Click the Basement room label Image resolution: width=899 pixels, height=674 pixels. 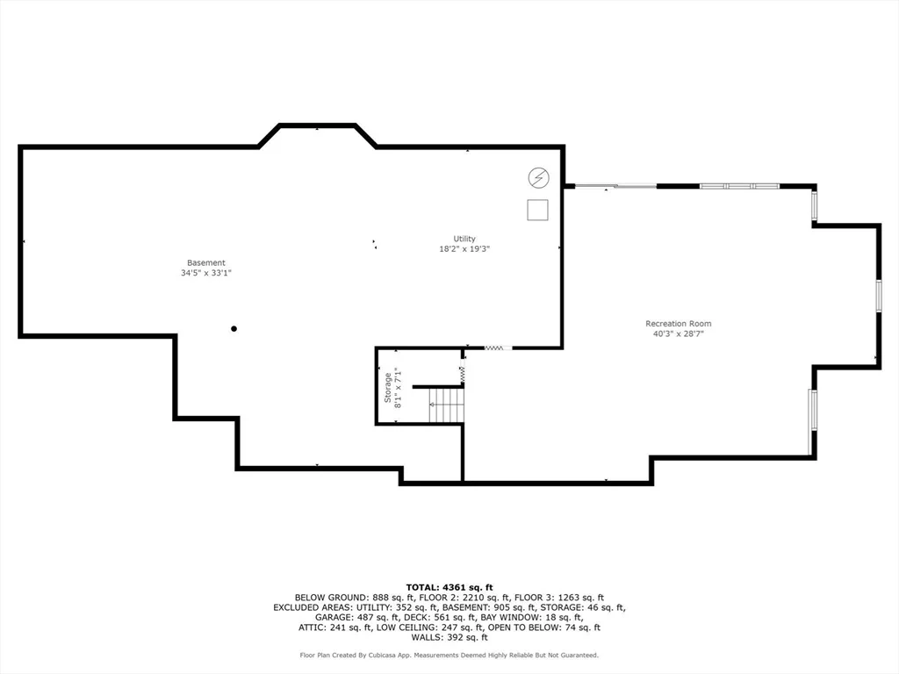coord(205,263)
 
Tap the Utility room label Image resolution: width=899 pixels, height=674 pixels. coord(464,239)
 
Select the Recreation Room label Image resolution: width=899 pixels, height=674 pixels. coord(679,323)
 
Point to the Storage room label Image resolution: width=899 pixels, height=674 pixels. coord(387,387)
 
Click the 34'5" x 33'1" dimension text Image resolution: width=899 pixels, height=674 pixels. coord(205,274)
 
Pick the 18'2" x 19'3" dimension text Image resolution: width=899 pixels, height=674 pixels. coord(464,248)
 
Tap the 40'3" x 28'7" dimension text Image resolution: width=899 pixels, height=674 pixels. coord(679,333)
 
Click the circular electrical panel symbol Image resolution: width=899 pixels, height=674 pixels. coord(538,178)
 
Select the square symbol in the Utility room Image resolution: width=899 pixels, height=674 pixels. coord(538,210)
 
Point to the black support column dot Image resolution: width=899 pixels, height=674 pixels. coord(234,329)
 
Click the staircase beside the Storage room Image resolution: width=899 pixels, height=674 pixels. coord(446,404)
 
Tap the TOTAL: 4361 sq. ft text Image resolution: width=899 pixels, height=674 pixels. coord(449,587)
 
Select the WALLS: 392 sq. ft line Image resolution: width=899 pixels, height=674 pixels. coord(449,637)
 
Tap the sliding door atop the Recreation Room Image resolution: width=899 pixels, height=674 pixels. coord(615,186)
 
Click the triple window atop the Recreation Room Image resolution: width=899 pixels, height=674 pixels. coord(739,186)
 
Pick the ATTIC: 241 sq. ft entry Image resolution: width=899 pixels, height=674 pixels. coord(334,627)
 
